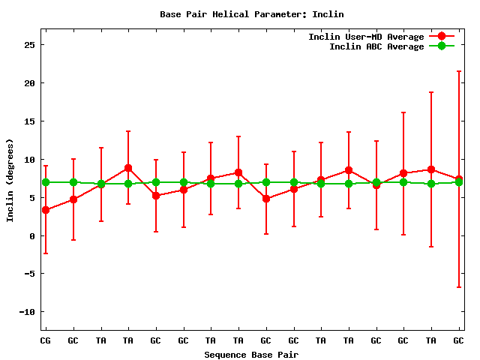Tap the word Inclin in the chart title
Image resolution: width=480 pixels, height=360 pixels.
[x=328, y=14]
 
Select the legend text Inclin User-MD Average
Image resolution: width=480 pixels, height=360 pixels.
[x=366, y=37]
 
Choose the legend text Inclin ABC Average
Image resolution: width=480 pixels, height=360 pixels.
[x=376, y=46]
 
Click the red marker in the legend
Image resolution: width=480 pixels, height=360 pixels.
[x=442, y=37]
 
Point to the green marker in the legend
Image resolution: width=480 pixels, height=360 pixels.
[x=442, y=46]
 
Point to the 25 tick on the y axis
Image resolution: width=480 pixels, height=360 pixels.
[x=30, y=44]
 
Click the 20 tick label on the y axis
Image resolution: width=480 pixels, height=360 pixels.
[x=30, y=82]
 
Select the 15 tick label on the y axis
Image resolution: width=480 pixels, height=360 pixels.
[x=30, y=121]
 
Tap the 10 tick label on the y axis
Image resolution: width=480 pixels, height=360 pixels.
[x=30, y=159]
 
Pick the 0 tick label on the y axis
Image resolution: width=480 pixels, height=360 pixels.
[x=33, y=235]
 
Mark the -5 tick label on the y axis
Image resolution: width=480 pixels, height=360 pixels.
[x=30, y=274]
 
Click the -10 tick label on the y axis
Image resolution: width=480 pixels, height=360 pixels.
[x=28, y=312]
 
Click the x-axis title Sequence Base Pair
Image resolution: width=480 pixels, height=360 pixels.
[x=251, y=354]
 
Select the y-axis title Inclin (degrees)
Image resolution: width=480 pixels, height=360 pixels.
[x=10, y=180]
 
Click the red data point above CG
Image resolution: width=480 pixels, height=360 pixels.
[x=46, y=210]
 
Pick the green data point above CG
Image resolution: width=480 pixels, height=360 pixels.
[x=46, y=182]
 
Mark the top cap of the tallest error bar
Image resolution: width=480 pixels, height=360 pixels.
[x=458, y=71]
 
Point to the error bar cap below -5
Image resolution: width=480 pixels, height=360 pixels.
[x=458, y=287]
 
